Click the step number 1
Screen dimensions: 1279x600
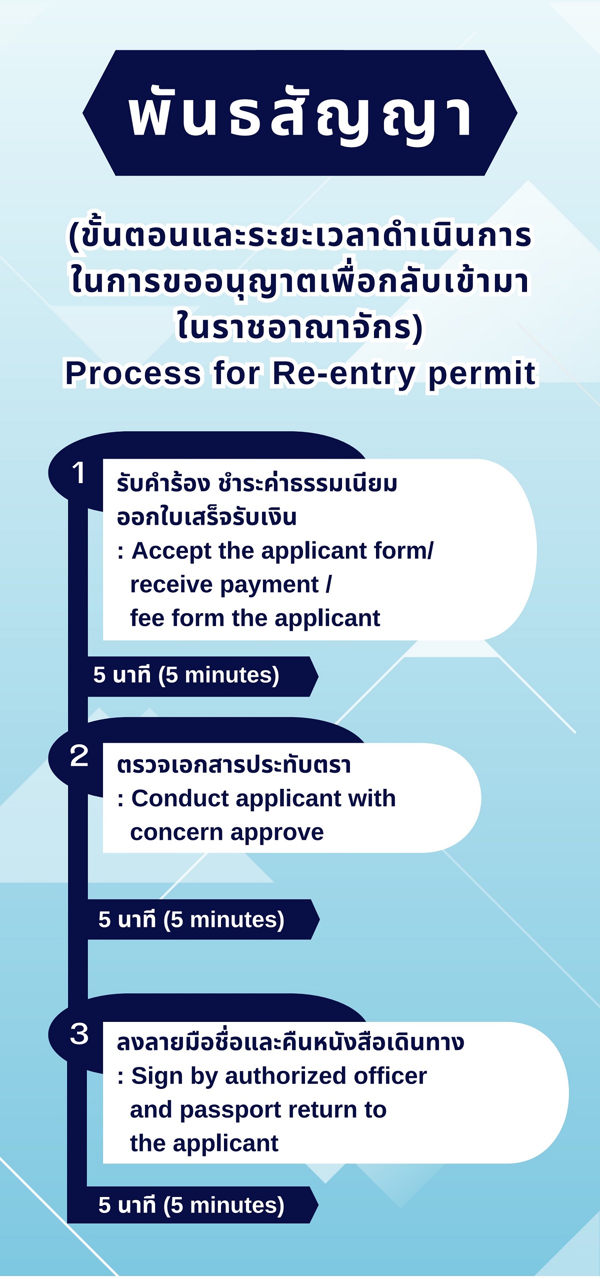[x=78, y=473]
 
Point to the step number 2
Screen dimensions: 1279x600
[x=79, y=756]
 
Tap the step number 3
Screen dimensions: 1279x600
[x=79, y=1034]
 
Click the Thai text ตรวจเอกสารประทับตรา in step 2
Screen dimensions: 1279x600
[x=233, y=765]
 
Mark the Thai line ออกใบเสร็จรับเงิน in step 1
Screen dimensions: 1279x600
[x=206, y=518]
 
